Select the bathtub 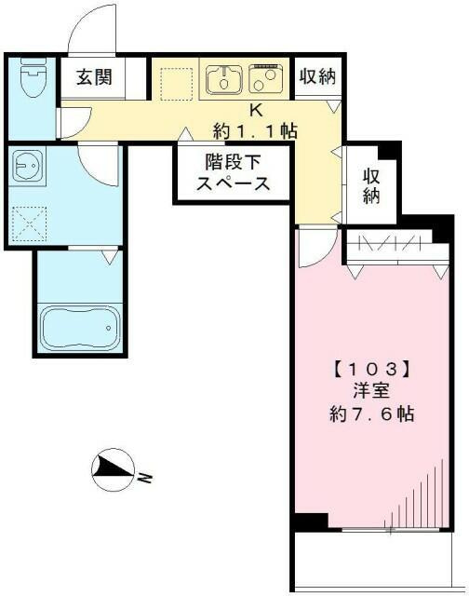click(79, 327)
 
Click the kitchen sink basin click(224, 79)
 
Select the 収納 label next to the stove click(316, 77)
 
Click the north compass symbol click(115, 467)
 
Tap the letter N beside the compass click(145, 479)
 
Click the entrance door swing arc click(91, 28)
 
